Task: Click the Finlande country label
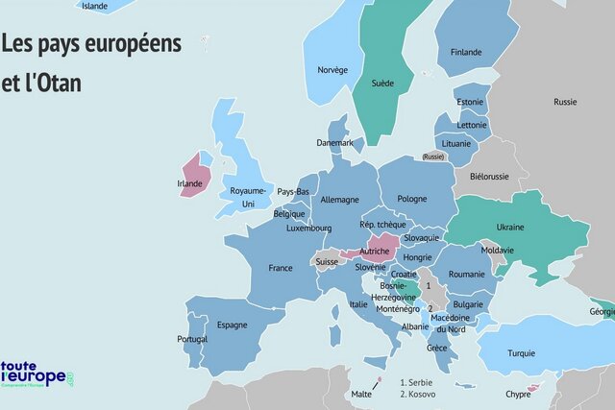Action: click(465, 52)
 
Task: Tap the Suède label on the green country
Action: click(382, 84)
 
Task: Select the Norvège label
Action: click(332, 69)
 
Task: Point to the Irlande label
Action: click(190, 183)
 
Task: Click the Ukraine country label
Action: click(509, 228)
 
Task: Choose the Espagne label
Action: click(232, 326)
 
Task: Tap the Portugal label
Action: click(192, 340)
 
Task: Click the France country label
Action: click(281, 268)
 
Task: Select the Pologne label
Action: click(411, 199)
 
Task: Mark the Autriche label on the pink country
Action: click(374, 252)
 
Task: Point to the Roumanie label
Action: click(466, 274)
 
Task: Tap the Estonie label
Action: click(470, 102)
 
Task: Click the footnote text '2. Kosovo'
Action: click(420, 394)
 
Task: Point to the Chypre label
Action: click(518, 394)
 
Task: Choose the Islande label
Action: click(95, 6)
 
